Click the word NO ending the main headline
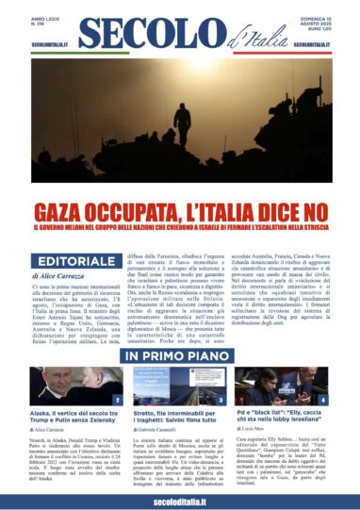(x=303, y=206)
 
